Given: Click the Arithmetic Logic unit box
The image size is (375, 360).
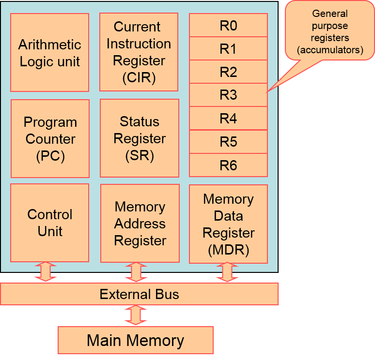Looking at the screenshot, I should point(49,53).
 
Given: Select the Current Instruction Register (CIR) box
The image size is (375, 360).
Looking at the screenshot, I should point(139,52).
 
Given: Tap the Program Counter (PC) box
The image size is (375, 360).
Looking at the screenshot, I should point(50,139).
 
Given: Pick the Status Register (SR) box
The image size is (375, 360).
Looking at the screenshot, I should point(140,138).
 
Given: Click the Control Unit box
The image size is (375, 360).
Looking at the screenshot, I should point(49,223).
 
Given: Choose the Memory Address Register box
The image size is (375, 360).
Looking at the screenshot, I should point(140,224).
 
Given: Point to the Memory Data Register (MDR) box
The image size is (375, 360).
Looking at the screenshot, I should point(228,224).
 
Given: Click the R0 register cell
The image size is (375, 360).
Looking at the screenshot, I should point(228,25).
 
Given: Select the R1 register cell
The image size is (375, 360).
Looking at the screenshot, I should point(228,48).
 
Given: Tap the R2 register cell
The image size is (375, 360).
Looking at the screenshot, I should point(228,72).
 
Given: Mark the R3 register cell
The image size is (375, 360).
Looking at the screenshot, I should point(228,95).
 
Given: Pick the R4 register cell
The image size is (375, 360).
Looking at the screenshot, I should point(228,118).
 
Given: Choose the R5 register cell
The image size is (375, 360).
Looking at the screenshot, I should point(228,142).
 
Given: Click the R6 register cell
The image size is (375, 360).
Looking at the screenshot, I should point(228,165).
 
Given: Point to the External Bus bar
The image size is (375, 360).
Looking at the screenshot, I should point(139,294).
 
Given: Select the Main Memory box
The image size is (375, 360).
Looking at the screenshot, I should point(136,340).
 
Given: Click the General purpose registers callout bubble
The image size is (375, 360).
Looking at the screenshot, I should point(330,31).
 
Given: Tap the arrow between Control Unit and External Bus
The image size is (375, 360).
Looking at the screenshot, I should point(46,272).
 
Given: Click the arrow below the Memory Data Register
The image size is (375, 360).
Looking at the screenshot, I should point(227,272).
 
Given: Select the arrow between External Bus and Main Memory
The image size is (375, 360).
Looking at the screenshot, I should point(136,315).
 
